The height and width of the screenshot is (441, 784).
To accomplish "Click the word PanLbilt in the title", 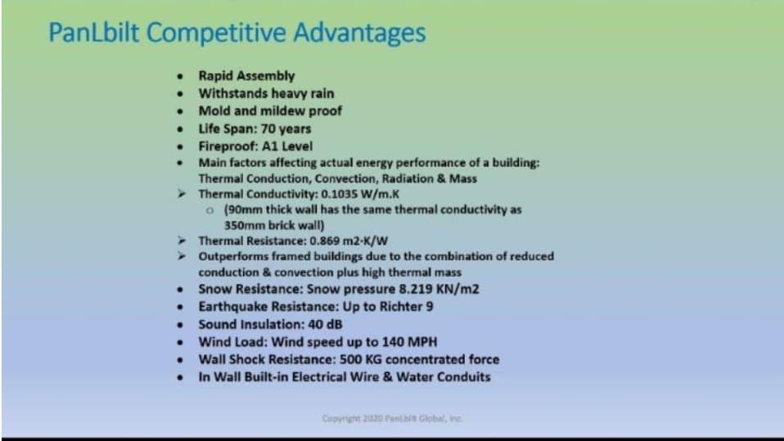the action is (93, 33).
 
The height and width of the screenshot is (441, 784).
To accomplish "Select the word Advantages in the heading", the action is (359, 33).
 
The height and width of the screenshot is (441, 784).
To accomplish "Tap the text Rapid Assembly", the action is (246, 76).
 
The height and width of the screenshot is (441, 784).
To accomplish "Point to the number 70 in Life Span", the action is (268, 128).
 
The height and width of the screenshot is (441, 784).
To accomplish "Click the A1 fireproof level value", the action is (269, 146).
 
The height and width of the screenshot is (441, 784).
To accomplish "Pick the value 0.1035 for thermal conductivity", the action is (339, 194).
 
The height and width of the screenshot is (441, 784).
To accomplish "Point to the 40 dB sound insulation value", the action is (325, 324).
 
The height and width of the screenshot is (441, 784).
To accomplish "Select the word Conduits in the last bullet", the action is (464, 377).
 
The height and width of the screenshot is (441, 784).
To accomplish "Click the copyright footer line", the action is (393, 419).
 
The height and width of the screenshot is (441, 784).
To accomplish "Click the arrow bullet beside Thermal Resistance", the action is (182, 241).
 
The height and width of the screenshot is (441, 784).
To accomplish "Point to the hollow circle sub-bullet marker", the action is (210, 210).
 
